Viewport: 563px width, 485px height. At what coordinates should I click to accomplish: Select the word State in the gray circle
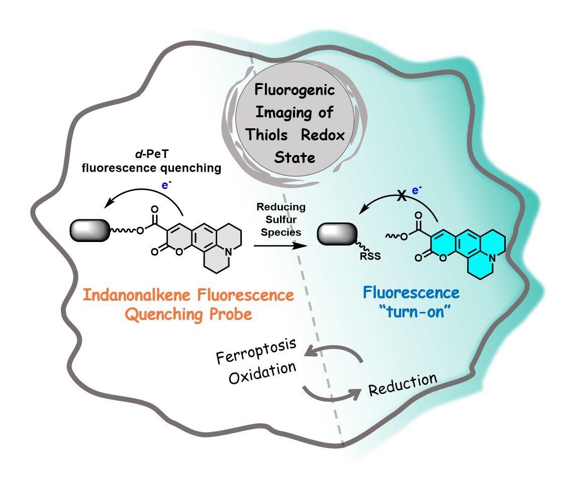coord(295,158)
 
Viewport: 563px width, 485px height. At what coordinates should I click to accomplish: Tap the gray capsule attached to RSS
coord(338,235)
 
